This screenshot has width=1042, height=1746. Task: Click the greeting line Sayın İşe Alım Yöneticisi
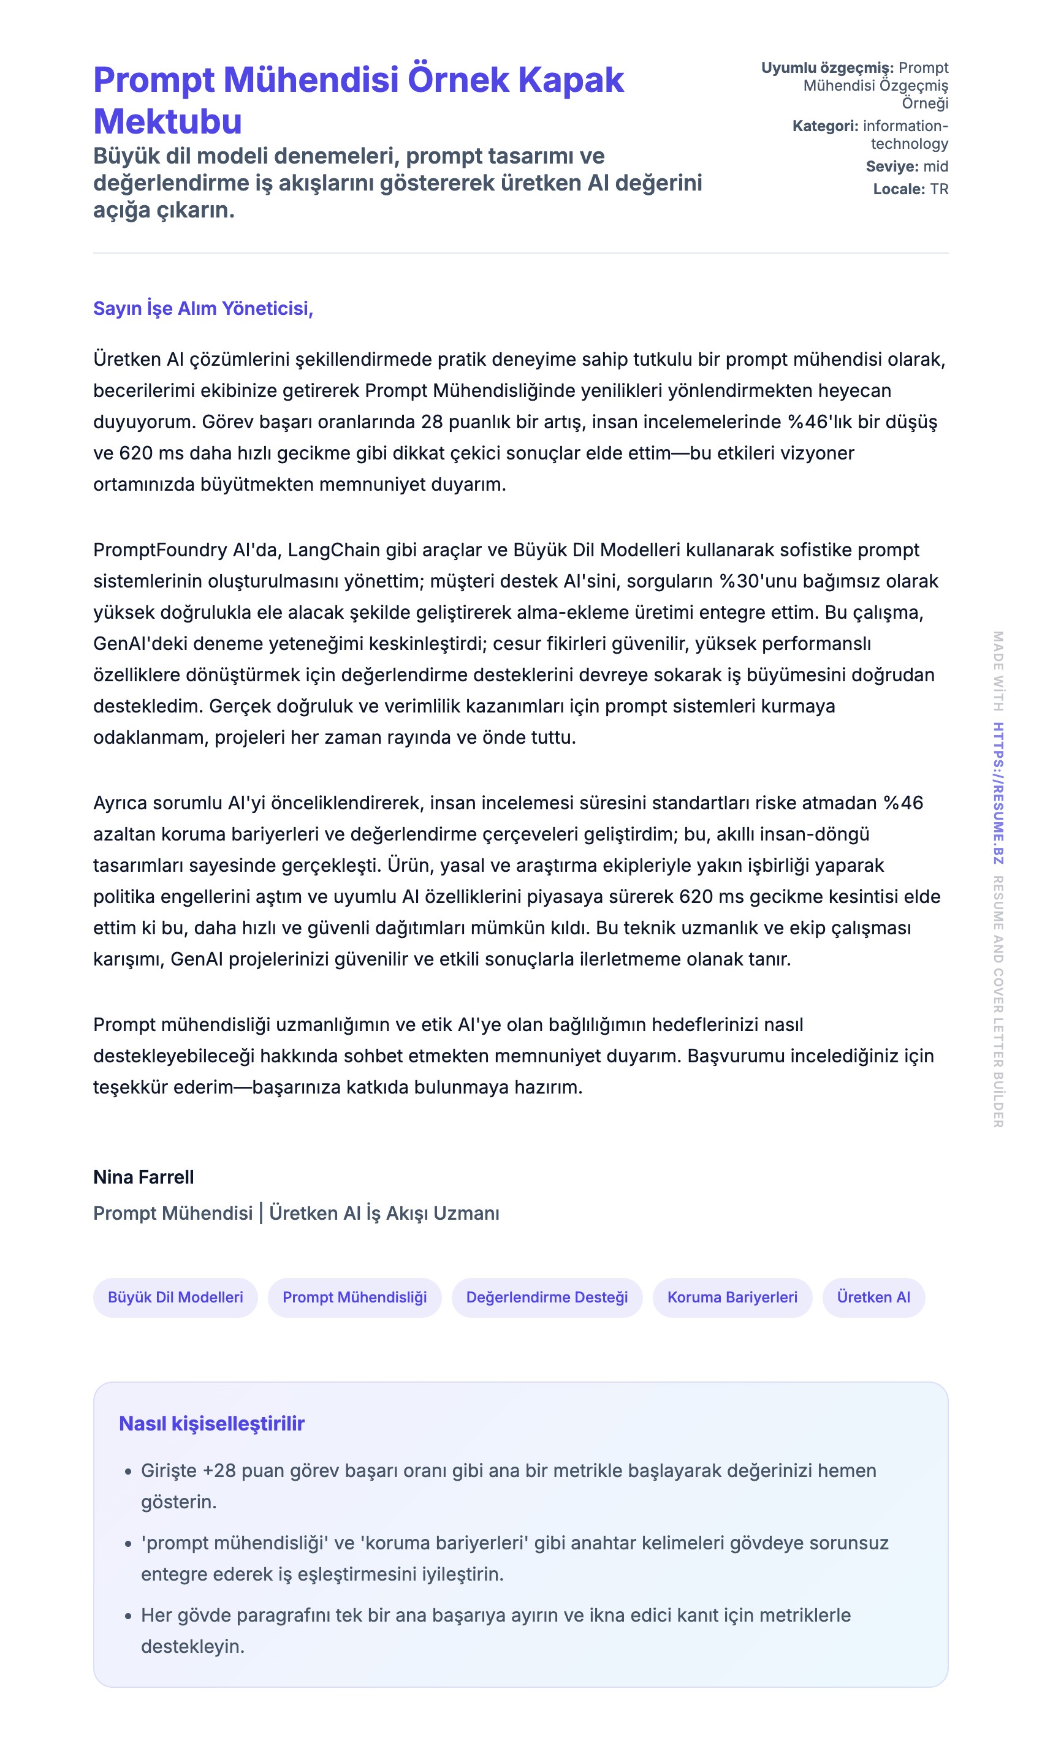(203, 308)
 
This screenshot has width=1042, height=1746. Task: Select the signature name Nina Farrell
(143, 1177)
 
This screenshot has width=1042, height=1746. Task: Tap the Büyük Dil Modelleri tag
(175, 1297)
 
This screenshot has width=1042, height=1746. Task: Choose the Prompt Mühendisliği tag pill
(355, 1297)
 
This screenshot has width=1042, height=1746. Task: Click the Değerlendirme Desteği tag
(547, 1297)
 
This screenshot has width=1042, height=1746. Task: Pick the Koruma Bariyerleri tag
(732, 1297)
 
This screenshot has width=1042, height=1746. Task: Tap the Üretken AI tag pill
(873, 1297)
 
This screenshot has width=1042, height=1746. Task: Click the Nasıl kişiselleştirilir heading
(211, 1423)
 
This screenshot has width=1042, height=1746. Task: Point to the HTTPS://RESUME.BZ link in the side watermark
(998, 793)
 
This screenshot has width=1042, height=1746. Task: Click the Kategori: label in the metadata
(825, 126)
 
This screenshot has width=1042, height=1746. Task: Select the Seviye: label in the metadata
(892, 166)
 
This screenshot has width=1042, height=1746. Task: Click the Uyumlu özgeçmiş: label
(827, 68)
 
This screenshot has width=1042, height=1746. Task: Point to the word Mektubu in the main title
(168, 121)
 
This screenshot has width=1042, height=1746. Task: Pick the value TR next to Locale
(939, 189)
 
